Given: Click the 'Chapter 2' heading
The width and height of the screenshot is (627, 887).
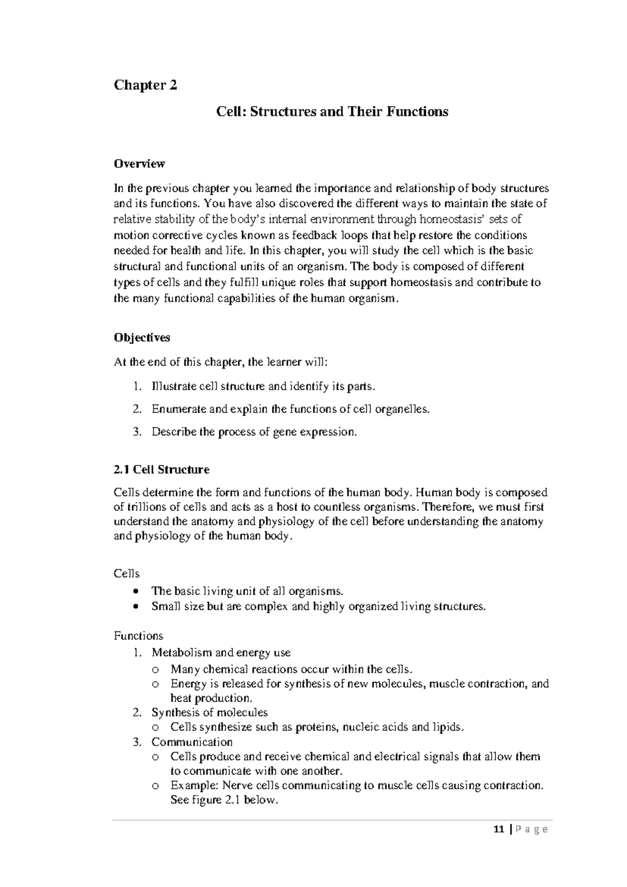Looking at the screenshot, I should tap(145, 85).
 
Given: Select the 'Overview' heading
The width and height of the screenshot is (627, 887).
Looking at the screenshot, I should tap(139, 164).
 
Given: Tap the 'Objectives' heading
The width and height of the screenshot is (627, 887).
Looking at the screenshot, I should tap(142, 337).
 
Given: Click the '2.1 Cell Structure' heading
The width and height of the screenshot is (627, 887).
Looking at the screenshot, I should tap(161, 469).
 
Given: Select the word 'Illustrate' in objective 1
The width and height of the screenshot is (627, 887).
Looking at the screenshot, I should tap(174, 386).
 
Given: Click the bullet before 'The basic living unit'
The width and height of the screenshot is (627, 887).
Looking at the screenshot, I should tap(136, 592).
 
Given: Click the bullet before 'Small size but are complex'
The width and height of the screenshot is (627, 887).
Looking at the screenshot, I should tap(136, 607).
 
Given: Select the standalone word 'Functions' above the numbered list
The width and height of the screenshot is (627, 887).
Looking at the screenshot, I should tap(138, 636).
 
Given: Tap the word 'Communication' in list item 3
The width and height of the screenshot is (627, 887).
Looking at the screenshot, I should tap(192, 742).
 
